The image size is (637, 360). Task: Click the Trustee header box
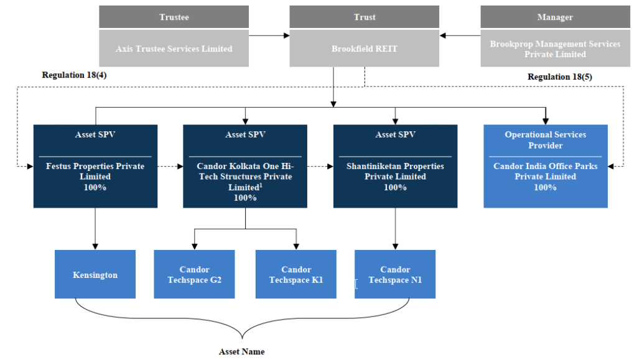(174, 17)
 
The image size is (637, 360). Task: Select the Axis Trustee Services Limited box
(174, 48)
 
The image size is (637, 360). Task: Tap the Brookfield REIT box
(365, 48)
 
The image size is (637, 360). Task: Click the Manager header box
(555, 17)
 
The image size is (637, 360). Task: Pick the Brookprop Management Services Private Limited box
(555, 48)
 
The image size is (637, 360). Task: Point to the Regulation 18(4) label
(71, 75)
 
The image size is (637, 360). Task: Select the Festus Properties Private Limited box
(95, 166)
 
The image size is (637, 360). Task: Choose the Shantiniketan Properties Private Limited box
(395, 166)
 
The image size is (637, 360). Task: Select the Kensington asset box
(95, 274)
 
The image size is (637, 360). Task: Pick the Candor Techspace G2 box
(194, 274)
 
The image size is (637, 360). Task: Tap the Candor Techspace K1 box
(296, 274)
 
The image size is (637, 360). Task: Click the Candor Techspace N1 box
(395, 274)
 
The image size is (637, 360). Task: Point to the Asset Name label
(241, 352)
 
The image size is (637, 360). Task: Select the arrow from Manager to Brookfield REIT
(461, 35)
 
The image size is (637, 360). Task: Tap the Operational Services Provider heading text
(546, 140)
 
